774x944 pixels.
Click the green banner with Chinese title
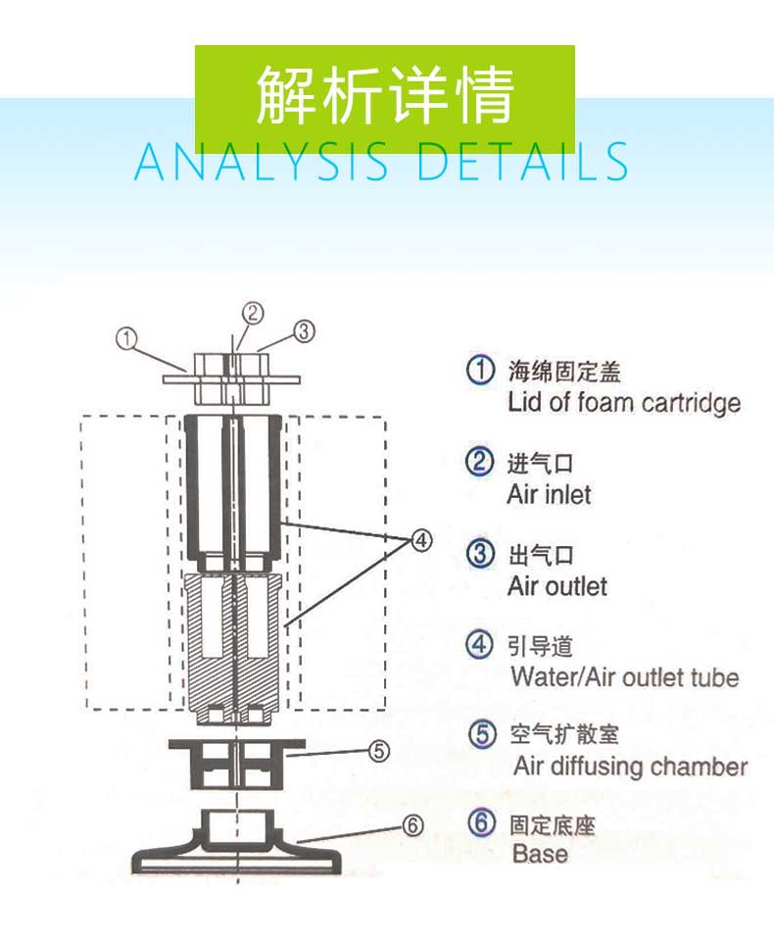(384, 96)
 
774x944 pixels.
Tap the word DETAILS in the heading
(521, 162)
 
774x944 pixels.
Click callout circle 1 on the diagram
(125, 338)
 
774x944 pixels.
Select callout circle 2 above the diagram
(253, 313)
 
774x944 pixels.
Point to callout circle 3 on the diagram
(305, 331)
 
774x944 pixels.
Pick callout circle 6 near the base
(413, 825)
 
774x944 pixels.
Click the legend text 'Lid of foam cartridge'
(623, 403)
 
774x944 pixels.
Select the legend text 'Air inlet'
(549, 494)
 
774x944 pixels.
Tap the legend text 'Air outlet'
(556, 586)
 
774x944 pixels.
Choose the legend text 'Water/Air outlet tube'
(624, 676)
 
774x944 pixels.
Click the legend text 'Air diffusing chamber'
(630, 766)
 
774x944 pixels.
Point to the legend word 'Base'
(540, 854)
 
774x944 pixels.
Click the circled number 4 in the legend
(479, 645)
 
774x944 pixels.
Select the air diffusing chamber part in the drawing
(236, 763)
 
